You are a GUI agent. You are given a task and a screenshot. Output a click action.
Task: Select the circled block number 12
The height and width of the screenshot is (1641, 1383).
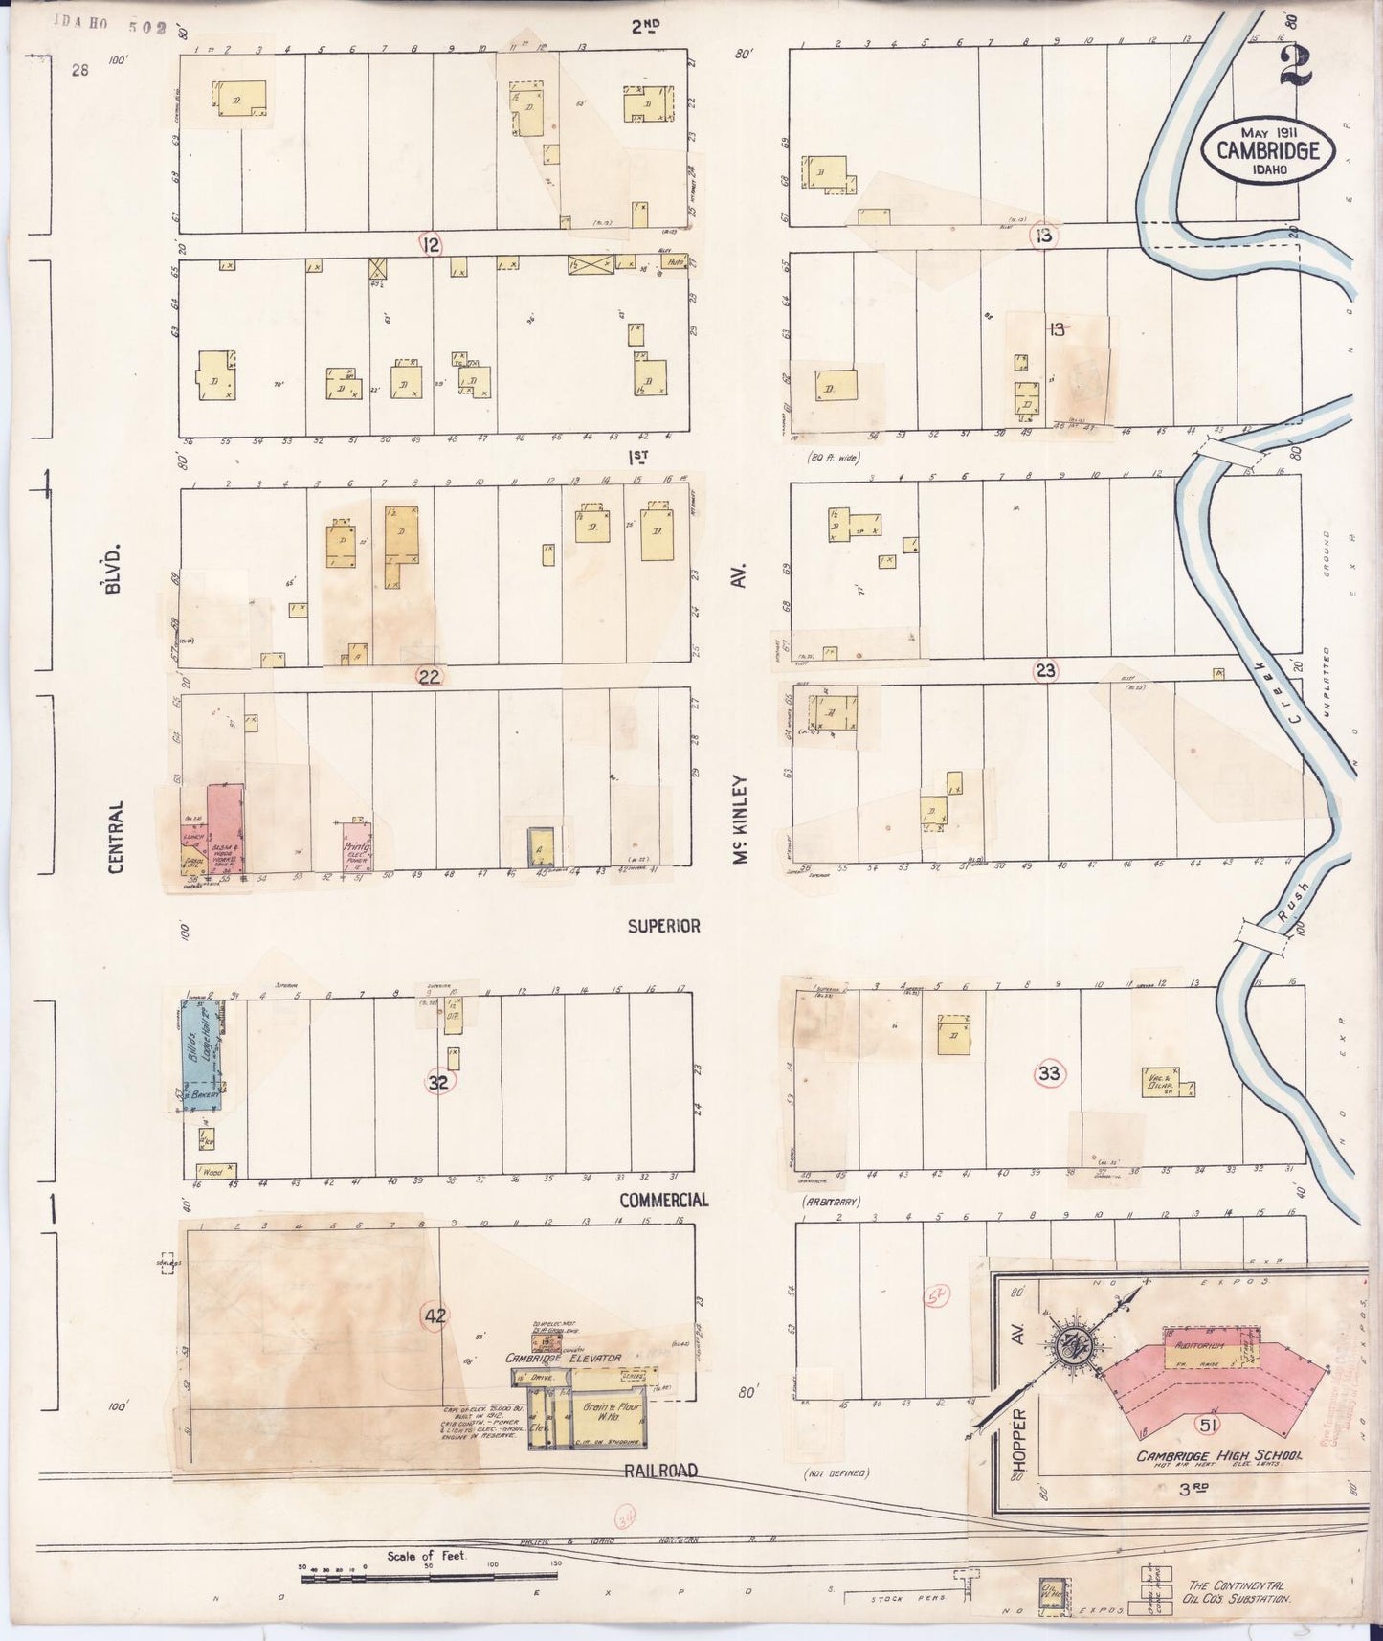click(x=432, y=245)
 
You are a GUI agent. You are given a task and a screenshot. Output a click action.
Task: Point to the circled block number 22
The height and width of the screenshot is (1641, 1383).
click(x=430, y=677)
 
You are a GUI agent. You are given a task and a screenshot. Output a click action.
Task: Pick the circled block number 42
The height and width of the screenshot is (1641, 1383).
click(x=435, y=1315)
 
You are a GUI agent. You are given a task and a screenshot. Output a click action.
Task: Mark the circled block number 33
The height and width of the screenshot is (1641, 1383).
click(x=1049, y=1073)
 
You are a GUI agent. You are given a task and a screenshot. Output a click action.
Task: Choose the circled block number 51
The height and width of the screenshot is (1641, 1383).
click(x=1207, y=1426)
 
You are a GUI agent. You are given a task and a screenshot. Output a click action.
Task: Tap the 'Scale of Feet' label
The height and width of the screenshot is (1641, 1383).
click(x=427, y=1556)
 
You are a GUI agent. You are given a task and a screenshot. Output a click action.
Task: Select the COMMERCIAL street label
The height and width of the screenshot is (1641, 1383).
click(x=663, y=1200)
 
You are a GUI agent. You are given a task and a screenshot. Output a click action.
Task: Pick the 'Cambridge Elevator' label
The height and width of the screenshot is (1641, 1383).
click(x=564, y=1358)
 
